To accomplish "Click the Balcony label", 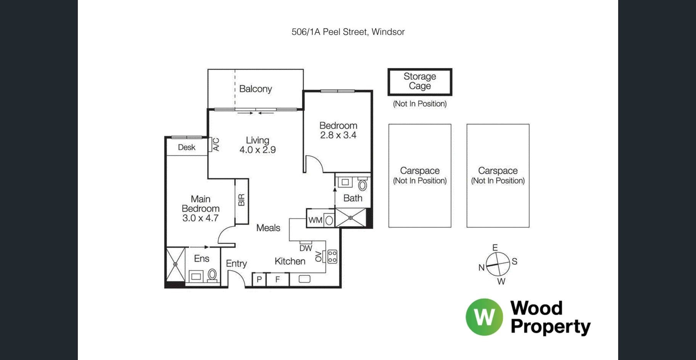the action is [x=255, y=89].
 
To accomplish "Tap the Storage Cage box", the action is [x=420, y=82].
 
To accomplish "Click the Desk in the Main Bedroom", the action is [x=187, y=147].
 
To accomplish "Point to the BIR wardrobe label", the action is [x=241, y=200].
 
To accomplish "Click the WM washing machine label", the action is [x=315, y=220].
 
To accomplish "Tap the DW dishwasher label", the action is [x=306, y=248].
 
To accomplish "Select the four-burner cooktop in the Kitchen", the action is [x=332, y=256].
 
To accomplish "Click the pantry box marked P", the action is [x=259, y=280].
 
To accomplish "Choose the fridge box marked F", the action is [x=277, y=280].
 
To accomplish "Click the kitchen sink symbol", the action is [x=304, y=279].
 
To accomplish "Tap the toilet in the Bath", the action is [x=362, y=185].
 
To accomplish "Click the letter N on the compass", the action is [x=482, y=268].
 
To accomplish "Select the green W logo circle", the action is [x=484, y=317].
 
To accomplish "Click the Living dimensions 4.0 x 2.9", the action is [x=258, y=150].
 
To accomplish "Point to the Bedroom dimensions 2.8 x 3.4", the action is [x=338, y=135].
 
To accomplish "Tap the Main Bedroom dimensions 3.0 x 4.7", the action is [x=200, y=218].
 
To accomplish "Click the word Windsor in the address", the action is [x=388, y=32].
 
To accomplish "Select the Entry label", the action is [x=236, y=264].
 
